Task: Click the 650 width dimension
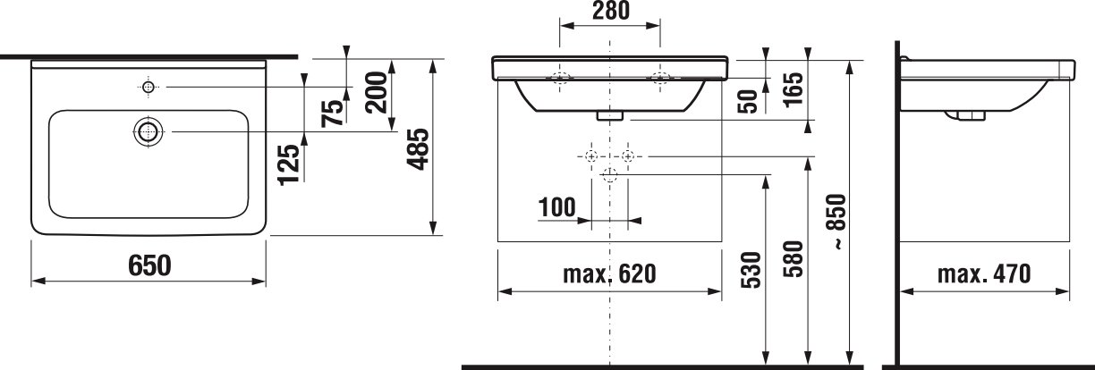coord(149,265)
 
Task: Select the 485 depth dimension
coord(419,149)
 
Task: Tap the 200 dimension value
coord(377,92)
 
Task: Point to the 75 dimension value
coord(333,114)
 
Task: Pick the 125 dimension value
coord(289,164)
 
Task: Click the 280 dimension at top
coord(610,11)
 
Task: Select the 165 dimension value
coord(793,88)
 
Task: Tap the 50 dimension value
coord(747,102)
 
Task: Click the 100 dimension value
coord(557,207)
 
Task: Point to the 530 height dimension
coord(751,269)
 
